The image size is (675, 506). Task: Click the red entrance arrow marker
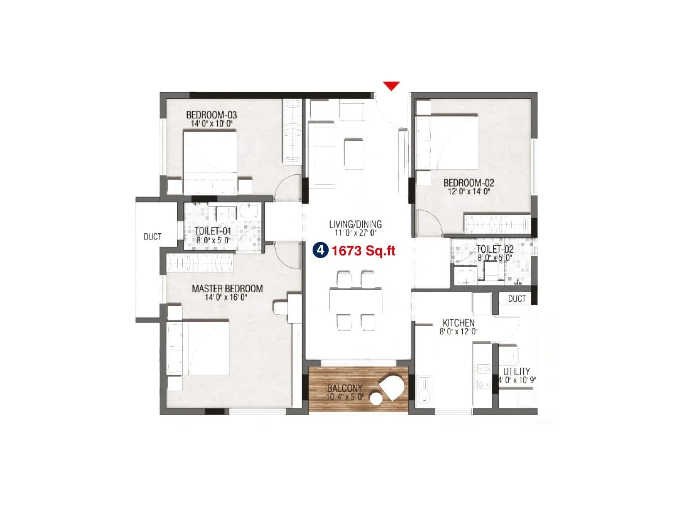(x=391, y=86)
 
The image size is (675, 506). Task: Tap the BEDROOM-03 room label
(x=211, y=115)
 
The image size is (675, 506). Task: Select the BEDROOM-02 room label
(x=468, y=183)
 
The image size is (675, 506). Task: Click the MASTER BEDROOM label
(x=227, y=289)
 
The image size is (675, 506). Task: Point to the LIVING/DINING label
(x=355, y=224)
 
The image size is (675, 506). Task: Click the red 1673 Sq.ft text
(x=363, y=251)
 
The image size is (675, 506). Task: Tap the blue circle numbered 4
(x=320, y=250)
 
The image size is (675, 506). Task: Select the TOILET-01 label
(x=213, y=231)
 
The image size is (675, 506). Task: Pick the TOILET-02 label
(x=495, y=249)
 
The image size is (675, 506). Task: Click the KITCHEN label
(x=458, y=323)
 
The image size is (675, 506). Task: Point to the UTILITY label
(x=516, y=371)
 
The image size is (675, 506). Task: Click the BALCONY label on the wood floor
(x=344, y=388)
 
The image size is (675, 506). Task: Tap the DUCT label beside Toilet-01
(x=152, y=237)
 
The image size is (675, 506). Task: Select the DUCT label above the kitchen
(x=517, y=299)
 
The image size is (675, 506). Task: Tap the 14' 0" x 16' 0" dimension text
(x=226, y=297)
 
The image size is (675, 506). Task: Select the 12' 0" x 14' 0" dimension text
(x=468, y=191)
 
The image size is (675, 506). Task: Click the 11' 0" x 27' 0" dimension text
(x=355, y=233)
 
